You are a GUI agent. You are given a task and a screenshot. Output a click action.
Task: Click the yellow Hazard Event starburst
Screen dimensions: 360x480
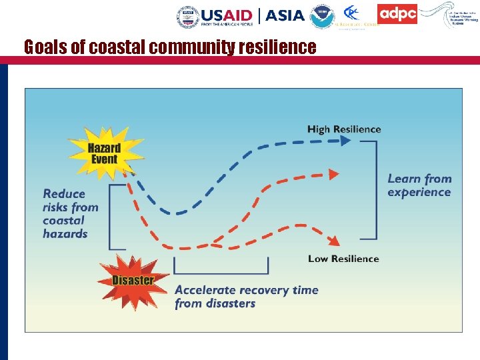(105, 154)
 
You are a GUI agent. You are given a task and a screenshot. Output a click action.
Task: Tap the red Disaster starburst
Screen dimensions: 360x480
(132, 280)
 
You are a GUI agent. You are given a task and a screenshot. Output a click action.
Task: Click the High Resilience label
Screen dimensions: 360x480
(344, 129)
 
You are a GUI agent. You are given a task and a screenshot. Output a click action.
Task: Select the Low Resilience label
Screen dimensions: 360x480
(343, 259)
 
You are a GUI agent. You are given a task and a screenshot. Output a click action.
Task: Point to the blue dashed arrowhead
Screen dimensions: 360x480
(345, 141)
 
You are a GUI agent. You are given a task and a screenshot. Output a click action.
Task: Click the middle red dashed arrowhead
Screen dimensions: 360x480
(334, 175)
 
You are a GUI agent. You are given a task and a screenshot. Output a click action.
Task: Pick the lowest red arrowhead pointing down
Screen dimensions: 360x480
(335, 240)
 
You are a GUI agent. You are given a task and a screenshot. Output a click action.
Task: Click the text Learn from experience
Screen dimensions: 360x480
(419, 185)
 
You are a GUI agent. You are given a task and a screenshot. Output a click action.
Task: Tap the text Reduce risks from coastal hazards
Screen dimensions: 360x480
(70, 213)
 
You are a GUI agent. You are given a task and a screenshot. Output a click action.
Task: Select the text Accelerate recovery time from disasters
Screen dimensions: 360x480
(246, 297)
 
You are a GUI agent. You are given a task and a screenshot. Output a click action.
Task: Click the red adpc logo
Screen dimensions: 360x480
(397, 14)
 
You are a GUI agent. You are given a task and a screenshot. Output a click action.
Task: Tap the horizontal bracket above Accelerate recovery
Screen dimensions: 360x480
(221, 272)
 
